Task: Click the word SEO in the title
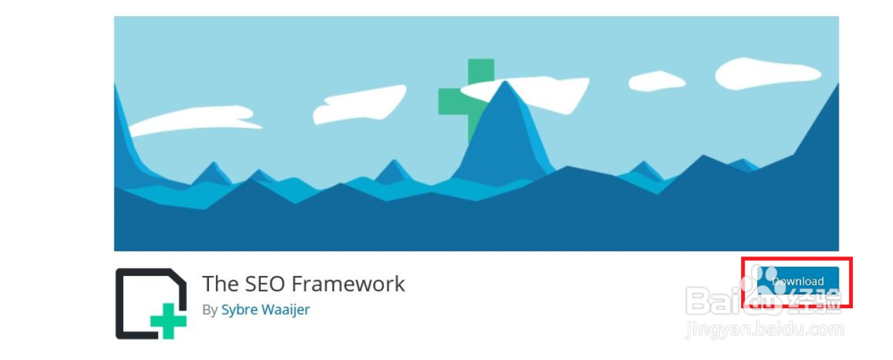click(256, 284)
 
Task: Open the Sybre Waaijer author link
click(265, 311)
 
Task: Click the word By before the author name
click(210, 311)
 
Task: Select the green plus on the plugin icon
click(169, 322)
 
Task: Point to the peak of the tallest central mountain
click(505, 81)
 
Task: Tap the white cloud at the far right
click(767, 73)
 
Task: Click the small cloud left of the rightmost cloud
click(656, 81)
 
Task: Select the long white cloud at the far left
click(194, 120)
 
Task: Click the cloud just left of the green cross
click(359, 104)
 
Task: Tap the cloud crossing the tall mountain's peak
click(524, 92)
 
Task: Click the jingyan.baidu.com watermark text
click(765, 330)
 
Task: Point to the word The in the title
click(216, 284)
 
